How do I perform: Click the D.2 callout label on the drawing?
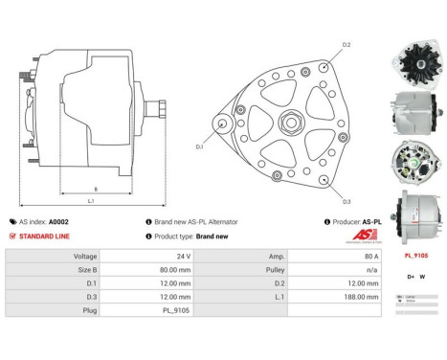[x=346, y=45]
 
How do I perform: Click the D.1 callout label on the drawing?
[x=200, y=146]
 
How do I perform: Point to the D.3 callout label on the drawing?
[x=346, y=200]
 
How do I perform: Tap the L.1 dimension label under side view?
[x=91, y=200]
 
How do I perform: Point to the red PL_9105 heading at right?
[x=415, y=256]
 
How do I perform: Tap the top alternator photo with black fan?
[x=414, y=61]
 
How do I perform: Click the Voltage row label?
[x=81, y=257]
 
